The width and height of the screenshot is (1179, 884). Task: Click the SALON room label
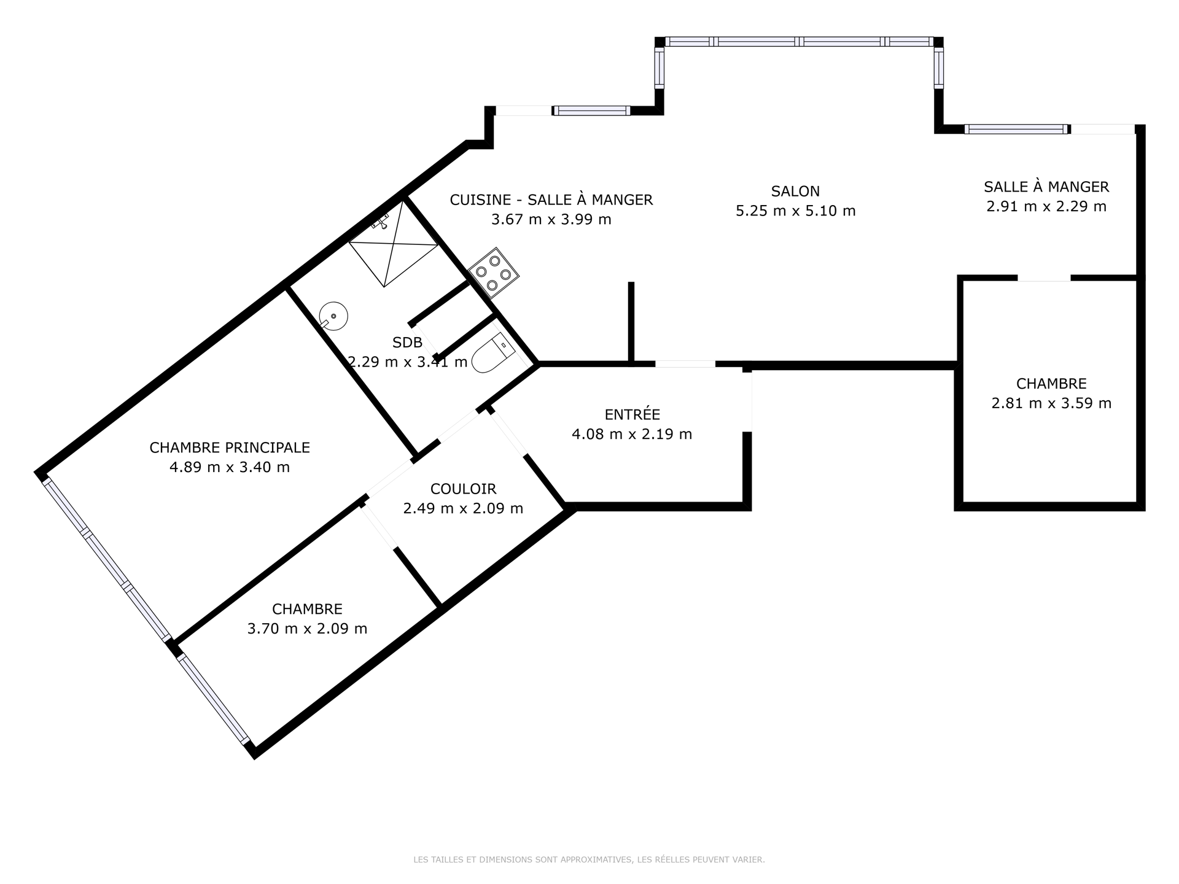point(795,192)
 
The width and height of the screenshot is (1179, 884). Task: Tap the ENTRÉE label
point(632,414)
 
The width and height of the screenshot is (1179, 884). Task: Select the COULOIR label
point(463,489)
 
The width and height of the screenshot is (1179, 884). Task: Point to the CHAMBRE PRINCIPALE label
point(230,448)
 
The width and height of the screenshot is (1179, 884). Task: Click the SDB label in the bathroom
point(407,342)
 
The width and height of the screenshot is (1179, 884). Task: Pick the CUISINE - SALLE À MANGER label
point(551,200)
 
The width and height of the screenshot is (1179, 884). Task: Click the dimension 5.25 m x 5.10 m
point(795,211)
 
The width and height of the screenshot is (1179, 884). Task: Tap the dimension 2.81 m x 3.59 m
point(1051,403)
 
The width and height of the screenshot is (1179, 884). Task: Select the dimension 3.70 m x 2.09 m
point(307,629)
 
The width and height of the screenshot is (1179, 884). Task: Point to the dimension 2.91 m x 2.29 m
point(1046,206)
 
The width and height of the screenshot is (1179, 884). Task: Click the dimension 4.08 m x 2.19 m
point(632,434)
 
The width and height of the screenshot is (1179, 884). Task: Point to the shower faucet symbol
point(381,222)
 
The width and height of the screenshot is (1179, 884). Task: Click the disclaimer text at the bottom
point(589,860)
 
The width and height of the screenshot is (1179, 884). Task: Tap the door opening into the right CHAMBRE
point(1044,278)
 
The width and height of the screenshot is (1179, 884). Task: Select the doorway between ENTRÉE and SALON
point(685,364)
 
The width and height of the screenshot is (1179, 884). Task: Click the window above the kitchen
point(591,110)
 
